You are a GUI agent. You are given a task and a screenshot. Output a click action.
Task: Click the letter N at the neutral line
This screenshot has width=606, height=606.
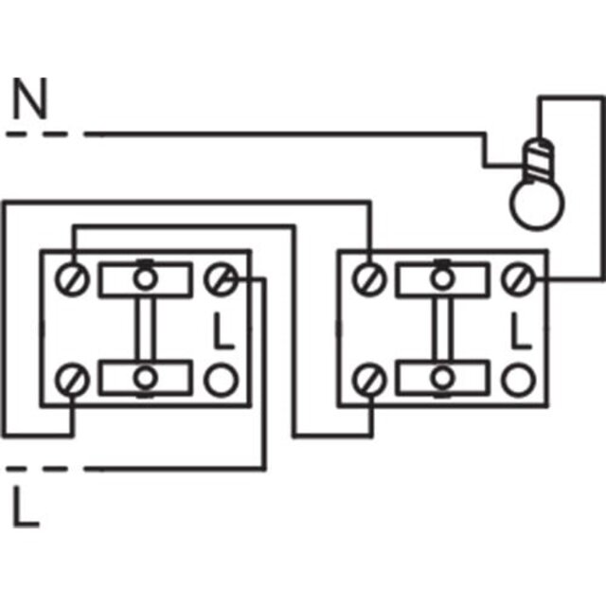(30, 98)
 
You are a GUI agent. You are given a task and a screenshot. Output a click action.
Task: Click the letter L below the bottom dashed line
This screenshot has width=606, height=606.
(27, 507)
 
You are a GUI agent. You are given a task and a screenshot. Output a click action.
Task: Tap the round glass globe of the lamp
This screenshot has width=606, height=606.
(537, 205)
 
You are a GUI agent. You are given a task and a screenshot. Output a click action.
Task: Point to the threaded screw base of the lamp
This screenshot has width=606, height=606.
(538, 160)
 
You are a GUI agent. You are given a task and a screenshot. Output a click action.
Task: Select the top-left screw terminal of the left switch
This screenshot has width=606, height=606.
(72, 278)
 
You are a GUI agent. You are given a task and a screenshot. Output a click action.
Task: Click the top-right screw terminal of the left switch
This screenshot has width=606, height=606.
(221, 278)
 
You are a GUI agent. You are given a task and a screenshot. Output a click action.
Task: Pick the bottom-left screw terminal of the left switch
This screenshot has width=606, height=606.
(72, 380)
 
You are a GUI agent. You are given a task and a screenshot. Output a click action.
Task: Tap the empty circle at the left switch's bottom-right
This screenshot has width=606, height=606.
(221, 380)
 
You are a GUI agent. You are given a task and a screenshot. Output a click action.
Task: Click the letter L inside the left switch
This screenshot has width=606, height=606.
(223, 330)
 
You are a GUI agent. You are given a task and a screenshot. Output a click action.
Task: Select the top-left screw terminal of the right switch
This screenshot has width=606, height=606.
(369, 278)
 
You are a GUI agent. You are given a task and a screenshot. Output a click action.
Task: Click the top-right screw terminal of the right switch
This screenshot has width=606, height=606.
(518, 278)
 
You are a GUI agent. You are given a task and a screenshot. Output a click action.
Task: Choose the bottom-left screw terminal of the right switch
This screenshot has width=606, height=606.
(369, 380)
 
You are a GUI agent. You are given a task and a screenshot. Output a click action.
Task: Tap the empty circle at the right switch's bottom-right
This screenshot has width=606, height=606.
(518, 380)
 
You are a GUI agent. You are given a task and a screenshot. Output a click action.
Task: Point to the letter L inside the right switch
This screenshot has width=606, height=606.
(521, 330)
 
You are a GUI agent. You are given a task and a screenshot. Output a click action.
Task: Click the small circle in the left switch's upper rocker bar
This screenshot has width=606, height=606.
(145, 278)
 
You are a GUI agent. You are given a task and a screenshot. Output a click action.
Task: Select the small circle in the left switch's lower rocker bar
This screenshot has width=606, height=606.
(145, 378)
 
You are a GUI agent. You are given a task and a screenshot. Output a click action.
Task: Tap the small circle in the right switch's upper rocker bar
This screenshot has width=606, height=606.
(442, 278)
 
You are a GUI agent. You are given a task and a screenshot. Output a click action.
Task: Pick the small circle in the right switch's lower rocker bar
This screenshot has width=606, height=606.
(442, 378)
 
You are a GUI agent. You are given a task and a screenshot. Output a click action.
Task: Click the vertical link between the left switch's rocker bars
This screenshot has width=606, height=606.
(145, 329)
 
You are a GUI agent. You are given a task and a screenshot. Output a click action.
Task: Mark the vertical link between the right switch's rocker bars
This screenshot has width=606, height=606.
(442, 329)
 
